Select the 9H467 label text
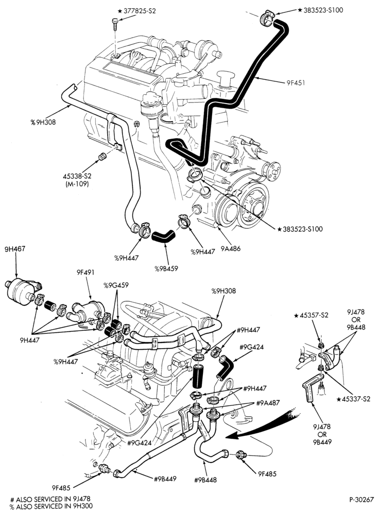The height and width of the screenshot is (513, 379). pyautogui.click(x=15, y=249)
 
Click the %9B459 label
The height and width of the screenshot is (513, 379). pyautogui.click(x=166, y=269)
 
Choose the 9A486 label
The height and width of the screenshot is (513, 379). pyautogui.click(x=230, y=249)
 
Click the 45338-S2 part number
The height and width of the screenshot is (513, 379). pyautogui.click(x=77, y=176)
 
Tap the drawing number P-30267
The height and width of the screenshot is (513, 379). pyautogui.click(x=361, y=500)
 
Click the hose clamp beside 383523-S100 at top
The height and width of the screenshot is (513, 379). pyautogui.click(x=266, y=18)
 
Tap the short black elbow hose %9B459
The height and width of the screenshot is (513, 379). pyautogui.click(x=164, y=235)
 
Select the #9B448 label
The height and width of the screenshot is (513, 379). pyautogui.click(x=205, y=480)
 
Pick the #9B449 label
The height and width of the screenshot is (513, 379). pyautogui.click(x=165, y=478)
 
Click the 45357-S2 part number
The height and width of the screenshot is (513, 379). pyautogui.click(x=311, y=316)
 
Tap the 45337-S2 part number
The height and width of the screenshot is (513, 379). pyautogui.click(x=353, y=399)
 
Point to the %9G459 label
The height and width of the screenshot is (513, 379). pyautogui.click(x=116, y=285)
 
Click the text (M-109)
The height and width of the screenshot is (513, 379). pyautogui.click(x=77, y=184)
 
